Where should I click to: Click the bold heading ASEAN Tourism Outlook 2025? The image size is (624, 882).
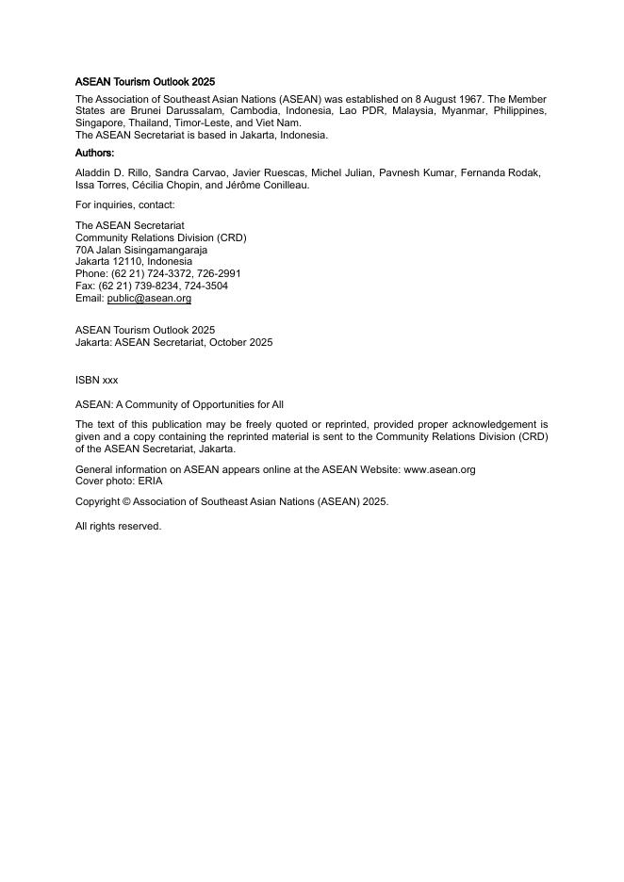tap(145, 83)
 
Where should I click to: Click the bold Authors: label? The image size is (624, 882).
tap(94, 153)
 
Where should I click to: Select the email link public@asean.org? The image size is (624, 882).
tap(149, 299)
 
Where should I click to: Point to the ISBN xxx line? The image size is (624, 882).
tap(97, 380)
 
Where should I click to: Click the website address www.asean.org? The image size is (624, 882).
tap(439, 469)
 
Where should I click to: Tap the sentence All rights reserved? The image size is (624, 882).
tap(118, 527)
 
